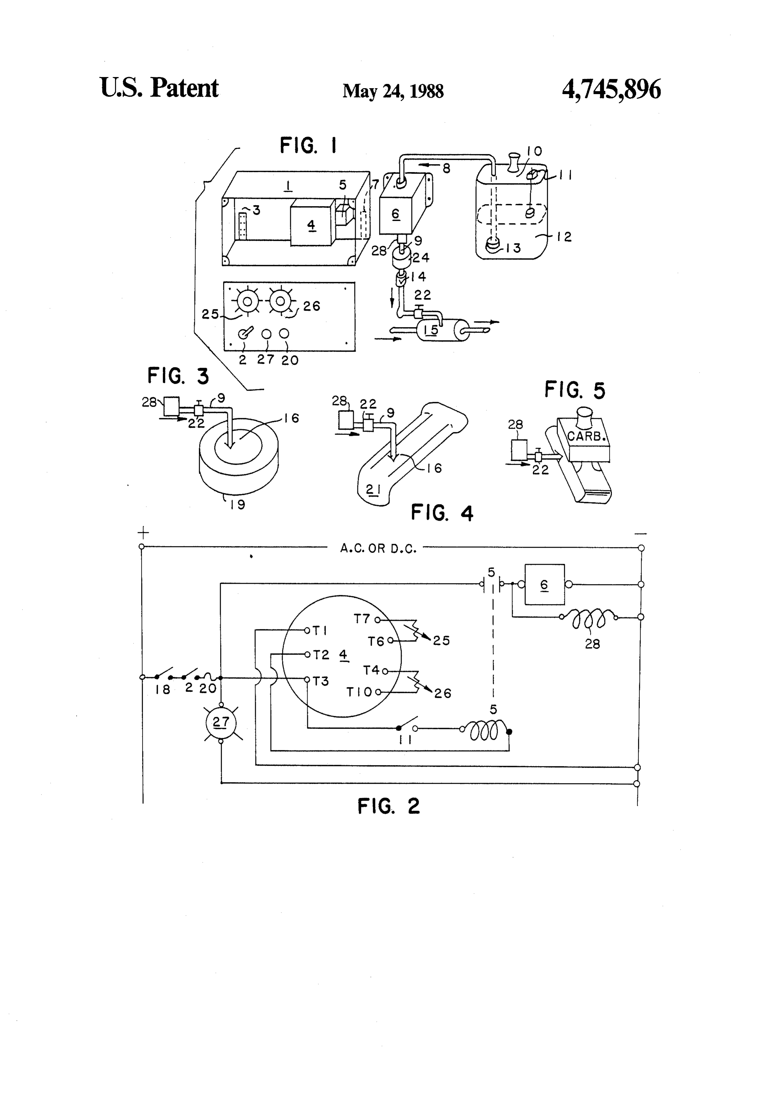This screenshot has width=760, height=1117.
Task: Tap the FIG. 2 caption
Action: click(x=389, y=806)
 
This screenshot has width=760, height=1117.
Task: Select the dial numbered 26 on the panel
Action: click(x=280, y=301)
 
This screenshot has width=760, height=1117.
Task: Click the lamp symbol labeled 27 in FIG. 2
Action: click(x=221, y=722)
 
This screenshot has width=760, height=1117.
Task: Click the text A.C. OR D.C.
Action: click(x=378, y=548)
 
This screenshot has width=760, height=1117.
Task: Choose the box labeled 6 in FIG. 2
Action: click(x=544, y=584)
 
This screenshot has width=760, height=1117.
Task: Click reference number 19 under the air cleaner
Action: click(x=237, y=505)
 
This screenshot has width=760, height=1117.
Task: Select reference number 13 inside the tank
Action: click(x=513, y=248)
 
